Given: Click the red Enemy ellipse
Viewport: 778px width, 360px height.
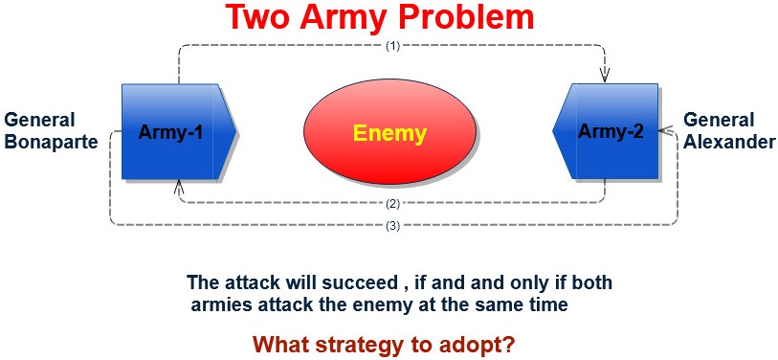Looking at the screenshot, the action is coord(390,134).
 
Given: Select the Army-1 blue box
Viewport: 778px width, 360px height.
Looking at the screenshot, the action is coord(178,131).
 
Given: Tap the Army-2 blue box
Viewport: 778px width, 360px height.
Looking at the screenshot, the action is coord(606,131).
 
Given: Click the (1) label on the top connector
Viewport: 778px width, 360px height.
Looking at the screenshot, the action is coord(393,46).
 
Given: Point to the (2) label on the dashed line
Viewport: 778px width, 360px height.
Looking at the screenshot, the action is coord(393,203).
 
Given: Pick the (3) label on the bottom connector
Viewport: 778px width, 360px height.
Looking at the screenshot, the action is coord(393,226).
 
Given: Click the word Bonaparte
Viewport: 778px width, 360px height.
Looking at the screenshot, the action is coord(51,143).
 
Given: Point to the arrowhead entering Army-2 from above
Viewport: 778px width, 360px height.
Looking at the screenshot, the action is coord(605,76).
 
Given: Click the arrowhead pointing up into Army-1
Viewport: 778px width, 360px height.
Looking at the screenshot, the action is coord(179,187).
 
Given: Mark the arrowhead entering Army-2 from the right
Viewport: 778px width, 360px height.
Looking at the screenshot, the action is coord(666,131).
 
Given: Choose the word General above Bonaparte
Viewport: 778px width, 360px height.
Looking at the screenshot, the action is coord(39,121).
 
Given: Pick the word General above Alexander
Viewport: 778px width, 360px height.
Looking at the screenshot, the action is coord(719,121).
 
